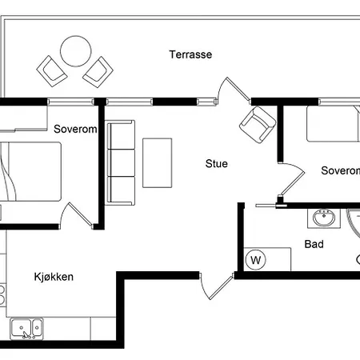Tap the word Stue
pyautogui.click(x=216, y=164)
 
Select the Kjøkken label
pyautogui.click(x=54, y=277)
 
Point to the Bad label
pyautogui.click(x=314, y=244)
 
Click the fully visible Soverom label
pyautogui.click(x=75, y=129)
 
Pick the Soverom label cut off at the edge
pyautogui.click(x=340, y=170)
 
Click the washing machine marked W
pyautogui.click(x=256, y=259)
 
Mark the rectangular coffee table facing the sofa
pyautogui.click(x=157, y=162)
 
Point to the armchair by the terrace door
pyautogui.click(x=256, y=125)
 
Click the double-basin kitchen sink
pyautogui.click(x=26, y=327)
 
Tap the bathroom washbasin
pyautogui.click(x=326, y=218)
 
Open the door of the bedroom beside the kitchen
pyautogui.click(x=78, y=216)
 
